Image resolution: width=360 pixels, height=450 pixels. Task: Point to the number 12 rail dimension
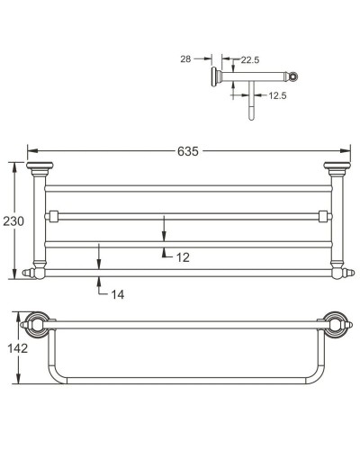(183, 256)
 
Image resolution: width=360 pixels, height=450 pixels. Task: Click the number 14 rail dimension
(117, 293)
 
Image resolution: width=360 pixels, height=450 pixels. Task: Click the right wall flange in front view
(336, 166)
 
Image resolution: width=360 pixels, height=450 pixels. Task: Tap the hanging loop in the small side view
(252, 108)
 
